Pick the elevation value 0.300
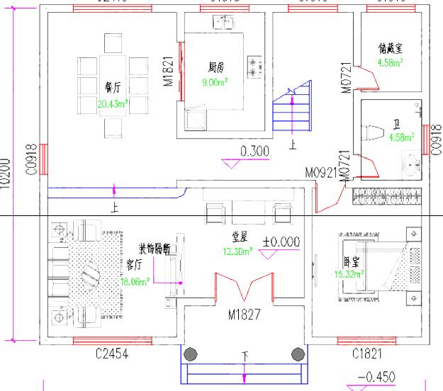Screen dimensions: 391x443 (x=255, y=152)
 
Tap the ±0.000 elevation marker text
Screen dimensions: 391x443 (x=281, y=242)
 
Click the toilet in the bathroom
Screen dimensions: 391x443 (x=370, y=132)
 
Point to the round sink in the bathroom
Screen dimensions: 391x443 (x=412, y=166)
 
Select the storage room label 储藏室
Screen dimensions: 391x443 (x=391, y=49)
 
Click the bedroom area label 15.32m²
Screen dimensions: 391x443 (x=349, y=273)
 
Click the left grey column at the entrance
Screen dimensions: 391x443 (x=190, y=354)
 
